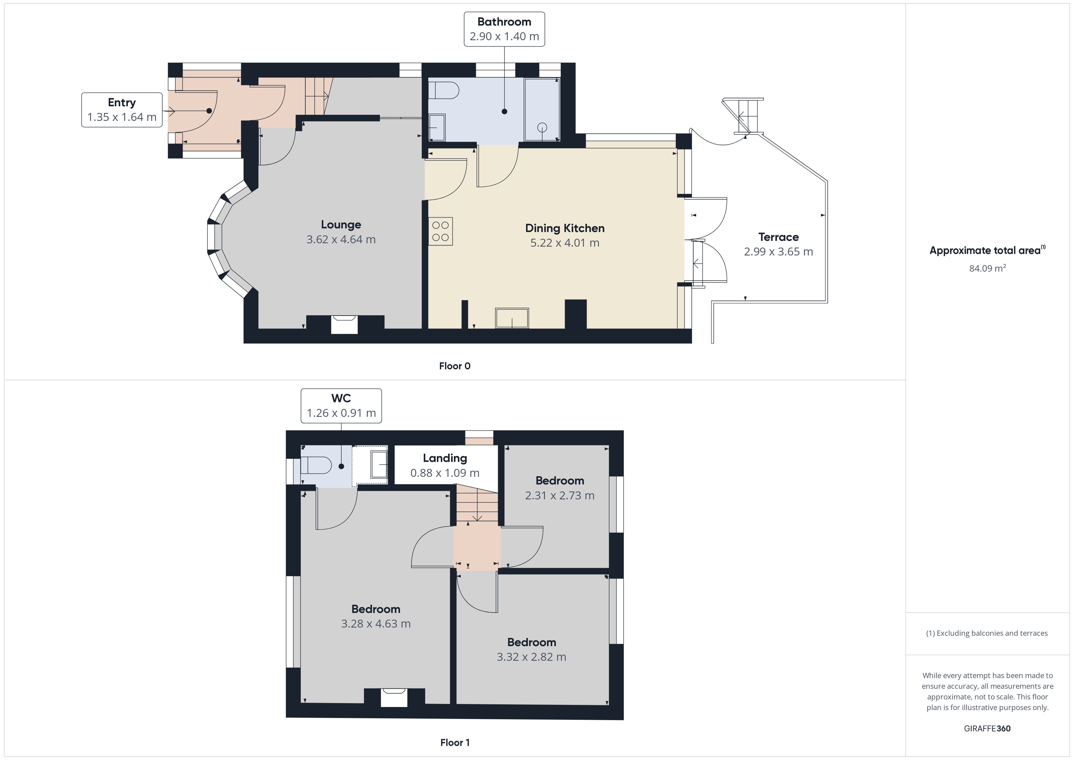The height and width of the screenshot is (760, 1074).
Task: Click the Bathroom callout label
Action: click(x=504, y=29)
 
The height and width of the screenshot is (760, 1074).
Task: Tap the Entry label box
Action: click(x=122, y=110)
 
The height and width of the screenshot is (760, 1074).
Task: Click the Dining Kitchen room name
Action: click(x=565, y=228)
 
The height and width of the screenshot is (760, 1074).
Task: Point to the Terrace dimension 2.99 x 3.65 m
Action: click(x=778, y=252)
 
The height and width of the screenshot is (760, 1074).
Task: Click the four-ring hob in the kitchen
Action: click(x=440, y=231)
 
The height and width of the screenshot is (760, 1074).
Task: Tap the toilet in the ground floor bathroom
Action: click(x=444, y=90)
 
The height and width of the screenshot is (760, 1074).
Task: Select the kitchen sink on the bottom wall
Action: click(x=512, y=318)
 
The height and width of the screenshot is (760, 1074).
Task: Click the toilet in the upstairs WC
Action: click(x=316, y=466)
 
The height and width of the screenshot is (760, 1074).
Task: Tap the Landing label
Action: click(x=445, y=459)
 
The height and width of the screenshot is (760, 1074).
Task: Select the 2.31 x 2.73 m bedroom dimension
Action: click(x=560, y=496)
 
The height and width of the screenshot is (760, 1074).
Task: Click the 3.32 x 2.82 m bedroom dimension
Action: click(x=532, y=657)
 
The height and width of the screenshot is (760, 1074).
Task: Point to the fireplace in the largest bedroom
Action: click(x=394, y=697)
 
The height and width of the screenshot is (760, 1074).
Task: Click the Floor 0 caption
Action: click(x=455, y=366)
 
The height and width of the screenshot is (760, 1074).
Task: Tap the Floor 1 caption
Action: click(x=455, y=743)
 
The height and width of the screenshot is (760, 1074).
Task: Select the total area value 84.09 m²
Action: click(x=988, y=268)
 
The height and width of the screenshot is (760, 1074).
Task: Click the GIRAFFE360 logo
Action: click(x=988, y=729)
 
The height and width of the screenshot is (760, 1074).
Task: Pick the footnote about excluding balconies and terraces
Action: click(x=987, y=633)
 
